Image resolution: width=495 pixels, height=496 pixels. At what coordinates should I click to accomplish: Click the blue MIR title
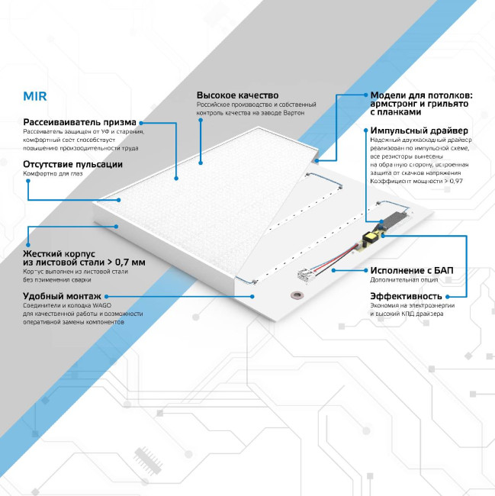point(35,98)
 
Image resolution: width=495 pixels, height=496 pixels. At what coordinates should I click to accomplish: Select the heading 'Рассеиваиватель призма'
point(79,122)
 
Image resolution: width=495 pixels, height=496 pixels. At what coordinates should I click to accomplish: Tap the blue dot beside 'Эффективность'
point(447,295)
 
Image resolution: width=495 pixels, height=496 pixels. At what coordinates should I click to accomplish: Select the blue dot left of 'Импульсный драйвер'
point(363,130)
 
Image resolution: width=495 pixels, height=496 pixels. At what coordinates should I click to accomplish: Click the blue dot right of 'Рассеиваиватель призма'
point(141,122)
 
